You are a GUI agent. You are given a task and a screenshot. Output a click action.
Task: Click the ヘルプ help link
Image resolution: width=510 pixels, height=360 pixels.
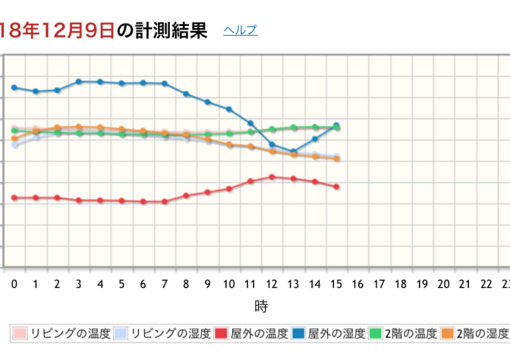coord(240,30)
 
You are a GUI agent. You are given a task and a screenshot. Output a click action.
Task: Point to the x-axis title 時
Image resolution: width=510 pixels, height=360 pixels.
coord(260,306)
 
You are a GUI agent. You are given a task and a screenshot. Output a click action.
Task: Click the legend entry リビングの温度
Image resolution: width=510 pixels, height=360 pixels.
coord(61,333)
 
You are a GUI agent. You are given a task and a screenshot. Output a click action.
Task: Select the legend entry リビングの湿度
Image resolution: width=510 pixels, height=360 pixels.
coord(163,333)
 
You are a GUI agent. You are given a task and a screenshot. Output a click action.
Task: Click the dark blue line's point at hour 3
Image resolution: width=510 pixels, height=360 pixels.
coord(78,81)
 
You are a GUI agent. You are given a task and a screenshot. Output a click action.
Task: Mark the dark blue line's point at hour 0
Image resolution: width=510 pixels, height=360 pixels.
coord(14,87)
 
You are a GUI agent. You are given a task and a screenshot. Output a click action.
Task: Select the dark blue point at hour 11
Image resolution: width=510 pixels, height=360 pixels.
coord(250,123)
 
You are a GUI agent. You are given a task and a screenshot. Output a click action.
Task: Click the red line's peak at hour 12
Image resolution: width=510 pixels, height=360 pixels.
coord(272,176)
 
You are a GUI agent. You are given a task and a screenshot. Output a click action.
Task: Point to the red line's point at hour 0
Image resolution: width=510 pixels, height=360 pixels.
coord(14,197)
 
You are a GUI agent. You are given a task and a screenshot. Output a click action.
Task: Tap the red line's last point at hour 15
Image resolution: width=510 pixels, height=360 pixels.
coord(336,186)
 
